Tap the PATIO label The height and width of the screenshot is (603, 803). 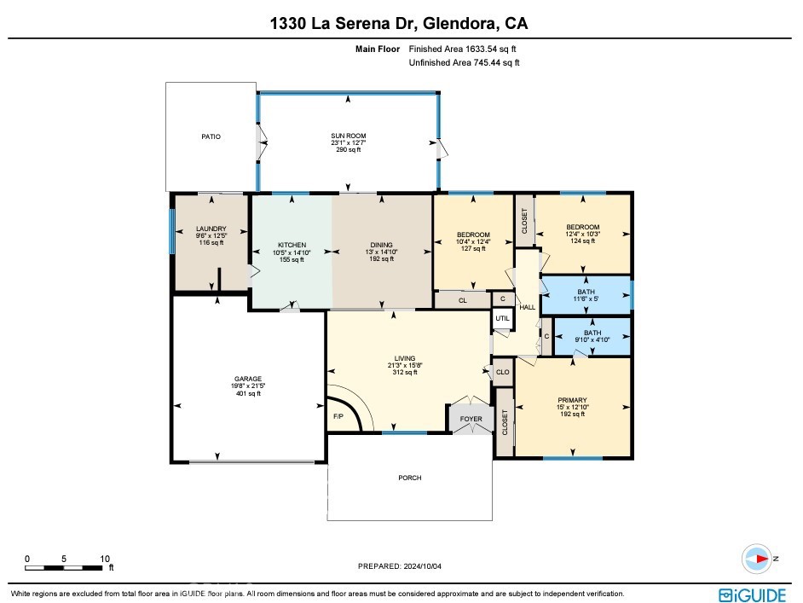(x=211, y=136)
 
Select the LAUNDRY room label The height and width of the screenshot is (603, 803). (x=211, y=229)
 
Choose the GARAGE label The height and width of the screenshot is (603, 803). (x=248, y=379)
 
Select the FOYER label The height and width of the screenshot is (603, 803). (x=471, y=419)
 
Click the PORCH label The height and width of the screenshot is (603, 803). (x=410, y=478)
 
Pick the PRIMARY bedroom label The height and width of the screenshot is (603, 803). (x=572, y=399)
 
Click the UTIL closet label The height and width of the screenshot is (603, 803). (x=503, y=319)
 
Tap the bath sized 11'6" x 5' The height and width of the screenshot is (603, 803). (x=586, y=292)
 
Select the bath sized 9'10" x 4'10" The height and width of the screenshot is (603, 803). (x=592, y=333)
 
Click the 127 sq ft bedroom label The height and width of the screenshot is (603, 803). (x=473, y=235)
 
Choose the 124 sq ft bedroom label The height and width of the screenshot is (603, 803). (x=583, y=227)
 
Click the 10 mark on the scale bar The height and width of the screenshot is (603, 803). (x=106, y=560)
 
